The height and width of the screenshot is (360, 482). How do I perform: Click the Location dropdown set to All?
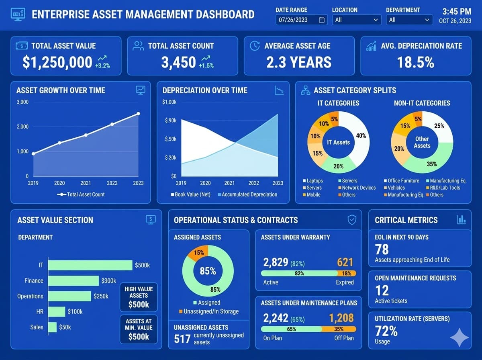pyautogui.click(x=357, y=20)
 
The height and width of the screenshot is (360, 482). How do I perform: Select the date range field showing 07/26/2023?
pyautogui.click(x=301, y=20)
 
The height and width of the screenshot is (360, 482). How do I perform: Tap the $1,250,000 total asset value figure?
pyautogui.click(x=57, y=62)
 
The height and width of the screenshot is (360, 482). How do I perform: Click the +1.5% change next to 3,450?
pyautogui.click(x=206, y=65)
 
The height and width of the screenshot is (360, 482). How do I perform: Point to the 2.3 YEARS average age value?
pyautogui.click(x=299, y=62)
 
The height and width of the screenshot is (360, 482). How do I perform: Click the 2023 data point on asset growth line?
pyautogui.click(x=138, y=114)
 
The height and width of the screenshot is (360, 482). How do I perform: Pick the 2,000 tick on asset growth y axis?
pyautogui.click(x=22, y=127)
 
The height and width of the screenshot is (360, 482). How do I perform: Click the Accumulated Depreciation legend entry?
pyautogui.click(x=249, y=194)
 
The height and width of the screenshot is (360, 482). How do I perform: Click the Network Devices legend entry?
pyautogui.click(x=359, y=188)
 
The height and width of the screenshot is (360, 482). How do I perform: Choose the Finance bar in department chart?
pyautogui.click(x=74, y=280)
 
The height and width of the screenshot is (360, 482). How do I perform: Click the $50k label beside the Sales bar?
pyautogui.click(x=65, y=327)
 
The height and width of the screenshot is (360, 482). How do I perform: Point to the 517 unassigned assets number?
pyautogui.click(x=182, y=339)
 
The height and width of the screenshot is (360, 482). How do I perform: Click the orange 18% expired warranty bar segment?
pyautogui.click(x=347, y=273)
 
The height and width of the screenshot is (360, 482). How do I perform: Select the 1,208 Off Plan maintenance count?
pyautogui.click(x=341, y=318)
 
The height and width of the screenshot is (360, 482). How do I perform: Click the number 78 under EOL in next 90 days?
pyautogui.click(x=382, y=250)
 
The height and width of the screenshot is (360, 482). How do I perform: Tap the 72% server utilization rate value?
pyautogui.click(x=386, y=331)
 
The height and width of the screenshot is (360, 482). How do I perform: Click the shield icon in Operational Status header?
pyautogui.click(x=352, y=219)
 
